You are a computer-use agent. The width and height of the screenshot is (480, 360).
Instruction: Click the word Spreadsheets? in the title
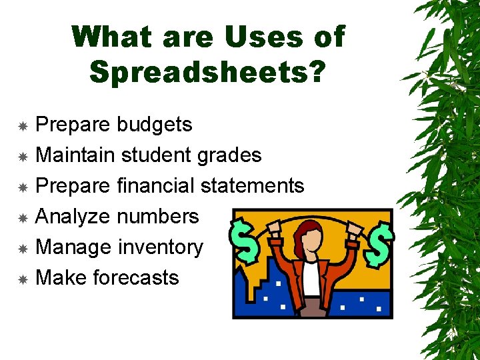[x=207, y=72]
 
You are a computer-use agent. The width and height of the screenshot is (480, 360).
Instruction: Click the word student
[x=156, y=155]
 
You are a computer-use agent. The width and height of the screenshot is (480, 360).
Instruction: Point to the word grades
[x=229, y=155]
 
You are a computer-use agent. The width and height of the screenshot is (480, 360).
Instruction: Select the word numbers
[x=158, y=217]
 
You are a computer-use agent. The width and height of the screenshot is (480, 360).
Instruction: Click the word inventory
[x=160, y=247]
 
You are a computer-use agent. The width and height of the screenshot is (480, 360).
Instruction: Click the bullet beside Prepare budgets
[x=23, y=126]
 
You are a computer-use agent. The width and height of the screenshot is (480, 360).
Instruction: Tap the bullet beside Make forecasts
[x=23, y=279]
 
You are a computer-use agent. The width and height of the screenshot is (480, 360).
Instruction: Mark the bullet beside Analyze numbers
[x=23, y=218]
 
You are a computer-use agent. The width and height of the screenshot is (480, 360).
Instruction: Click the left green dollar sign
[x=244, y=241]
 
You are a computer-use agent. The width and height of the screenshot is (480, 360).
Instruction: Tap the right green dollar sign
[x=379, y=245]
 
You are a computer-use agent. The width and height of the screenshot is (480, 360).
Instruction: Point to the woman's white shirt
[x=311, y=277]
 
